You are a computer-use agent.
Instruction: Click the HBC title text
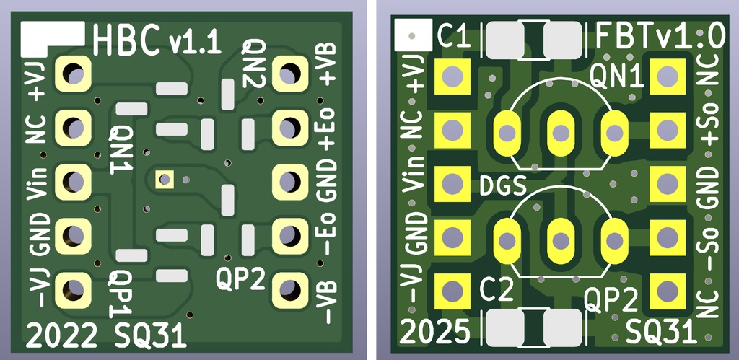point(127,41)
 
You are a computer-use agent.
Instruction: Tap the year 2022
point(62,335)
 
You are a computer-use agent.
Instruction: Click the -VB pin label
point(327,301)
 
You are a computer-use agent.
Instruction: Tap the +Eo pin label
point(327,130)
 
